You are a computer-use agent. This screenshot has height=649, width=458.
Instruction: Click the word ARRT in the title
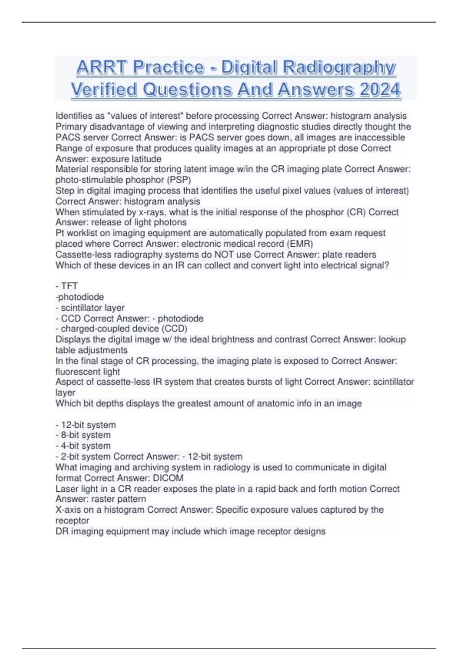pyautogui.click(x=101, y=68)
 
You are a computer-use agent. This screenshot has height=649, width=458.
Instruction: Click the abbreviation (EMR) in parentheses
pyautogui.click(x=300, y=244)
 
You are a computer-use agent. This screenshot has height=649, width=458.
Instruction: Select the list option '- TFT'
pyautogui.click(x=67, y=286)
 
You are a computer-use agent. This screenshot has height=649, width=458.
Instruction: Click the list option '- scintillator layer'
pyautogui.click(x=90, y=308)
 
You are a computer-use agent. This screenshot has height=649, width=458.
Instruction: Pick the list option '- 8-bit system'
pyautogui.click(x=83, y=435)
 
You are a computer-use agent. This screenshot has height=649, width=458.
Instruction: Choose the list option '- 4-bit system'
pyautogui.click(x=83, y=446)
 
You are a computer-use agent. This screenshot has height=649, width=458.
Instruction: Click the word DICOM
pyautogui.click(x=168, y=478)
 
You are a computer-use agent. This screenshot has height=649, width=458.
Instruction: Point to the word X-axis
pyautogui.click(x=68, y=510)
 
